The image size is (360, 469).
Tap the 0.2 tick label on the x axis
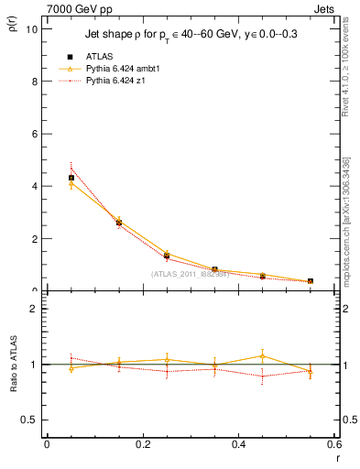click(x=143, y=445)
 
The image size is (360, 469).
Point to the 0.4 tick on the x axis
click(x=239, y=445)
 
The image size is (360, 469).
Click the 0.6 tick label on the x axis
click(x=333, y=445)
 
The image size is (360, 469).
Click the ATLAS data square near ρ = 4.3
click(x=71, y=178)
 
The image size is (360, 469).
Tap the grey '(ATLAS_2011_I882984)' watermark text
click(x=191, y=274)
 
